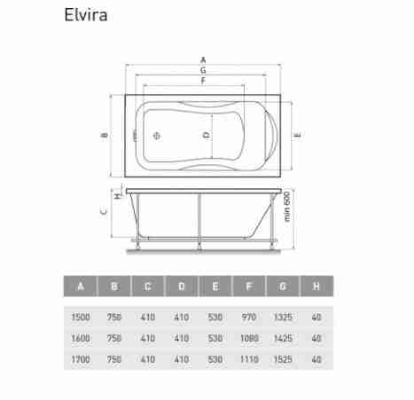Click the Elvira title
coord(86,15)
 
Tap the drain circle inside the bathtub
coord(157,136)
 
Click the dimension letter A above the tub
coord(203,60)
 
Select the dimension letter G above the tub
coord(203,70)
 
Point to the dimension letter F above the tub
coord(203,81)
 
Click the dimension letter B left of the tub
coord(105,136)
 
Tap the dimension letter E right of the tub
coord(298,136)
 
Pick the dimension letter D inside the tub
coord(206,136)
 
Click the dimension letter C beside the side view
coord(104,211)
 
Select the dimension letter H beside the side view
coord(118,195)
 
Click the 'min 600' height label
coord(287,207)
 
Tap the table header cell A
coord(81,286)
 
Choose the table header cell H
coord(316,286)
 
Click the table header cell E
coord(215,286)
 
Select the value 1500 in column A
coord(81,318)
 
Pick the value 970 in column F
coord(249,318)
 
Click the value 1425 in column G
coord(283,338)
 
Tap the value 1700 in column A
coord(81,359)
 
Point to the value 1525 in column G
coord(283,359)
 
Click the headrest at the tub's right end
coord(272,136)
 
